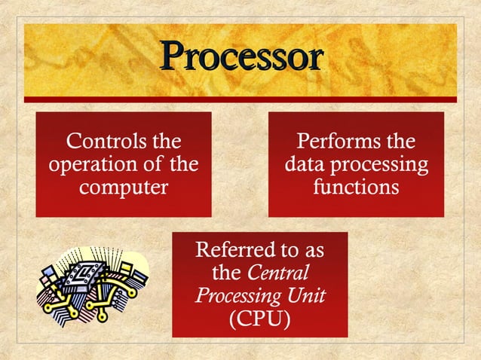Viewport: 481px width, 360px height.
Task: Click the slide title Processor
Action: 241,56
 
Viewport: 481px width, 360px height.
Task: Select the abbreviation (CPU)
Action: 259,318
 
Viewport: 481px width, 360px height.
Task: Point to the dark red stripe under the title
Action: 240,99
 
